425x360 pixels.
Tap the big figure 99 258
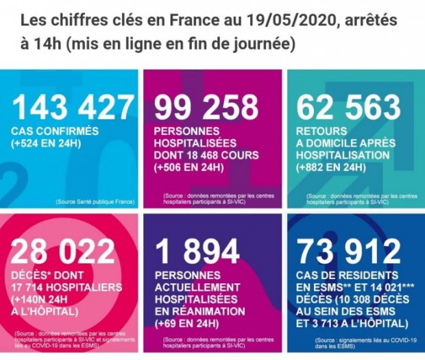click(x=206, y=108)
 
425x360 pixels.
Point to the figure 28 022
click(x=64, y=252)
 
